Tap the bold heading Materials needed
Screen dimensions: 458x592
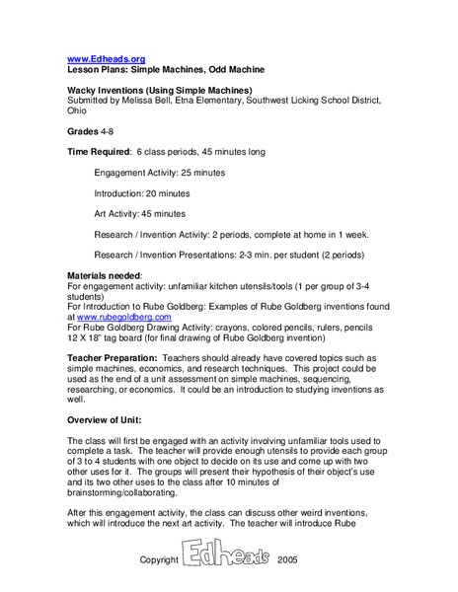105,274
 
